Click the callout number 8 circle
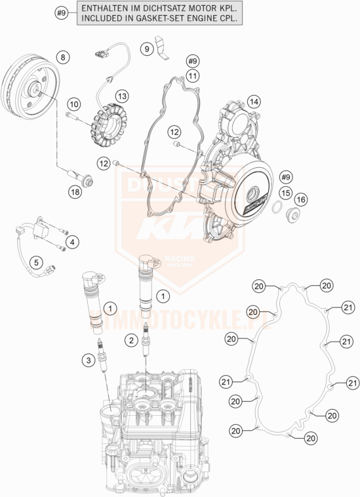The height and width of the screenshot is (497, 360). coord(63,58)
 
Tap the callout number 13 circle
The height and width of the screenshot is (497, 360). coord(122,96)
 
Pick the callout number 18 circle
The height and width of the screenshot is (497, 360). coord(77,191)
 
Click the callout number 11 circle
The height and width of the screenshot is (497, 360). coord(191,77)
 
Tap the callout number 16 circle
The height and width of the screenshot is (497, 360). coord(300,199)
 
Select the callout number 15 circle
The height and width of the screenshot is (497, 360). coord(285,193)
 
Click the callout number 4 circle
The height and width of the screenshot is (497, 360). coord(73,243)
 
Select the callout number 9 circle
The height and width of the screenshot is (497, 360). coord(148,48)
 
